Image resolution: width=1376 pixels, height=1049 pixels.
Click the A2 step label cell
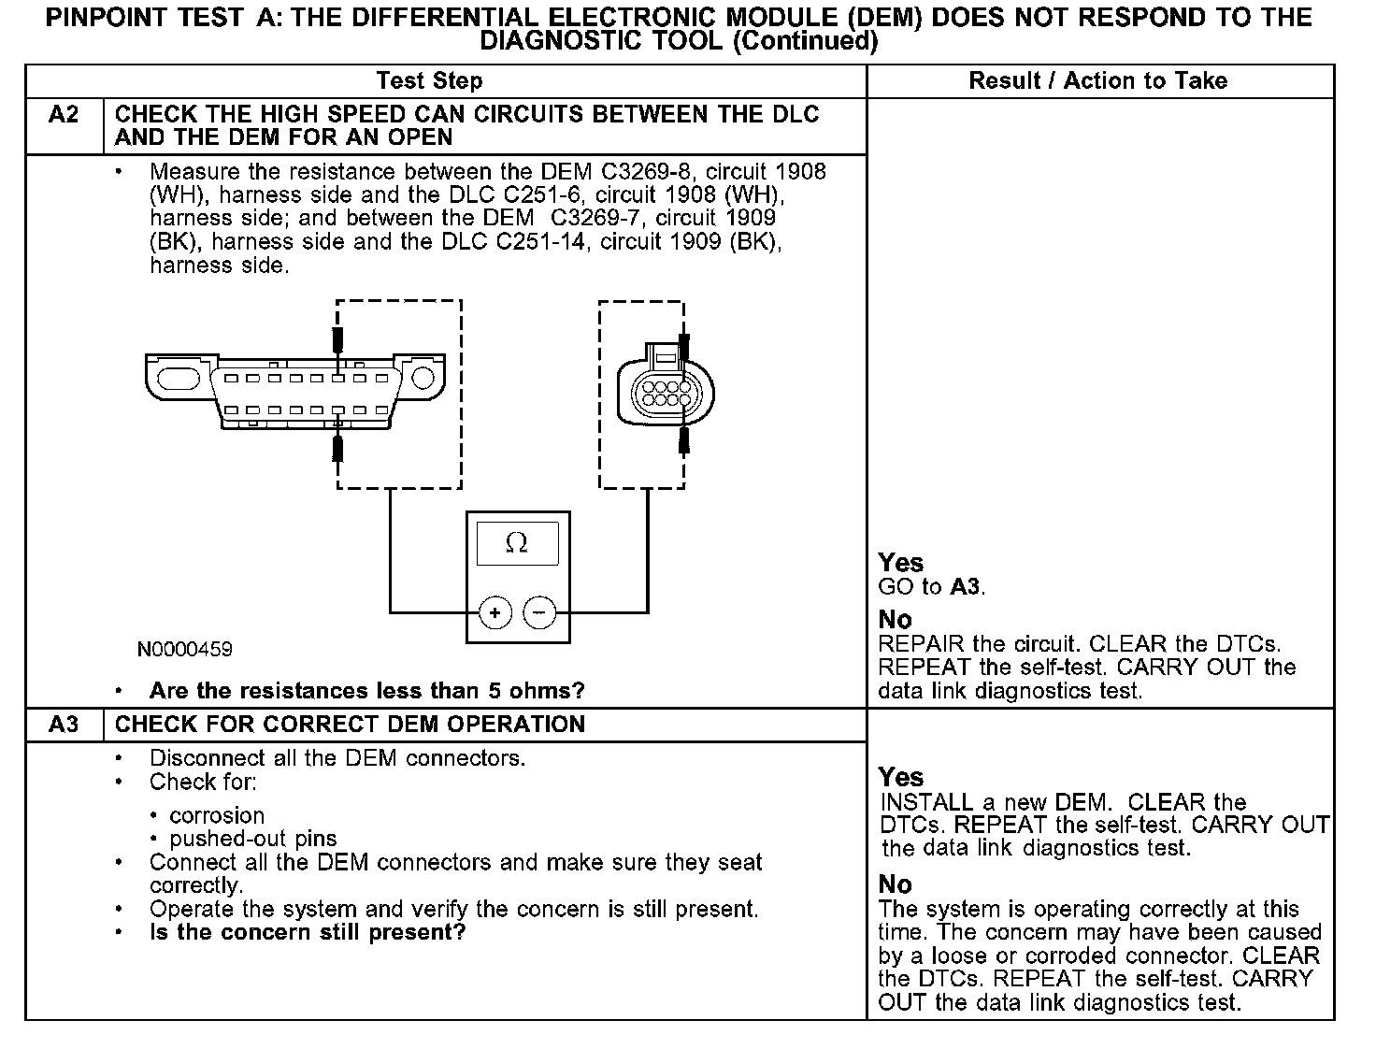[x=64, y=115]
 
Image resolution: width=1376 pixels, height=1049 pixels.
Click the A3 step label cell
[x=64, y=725]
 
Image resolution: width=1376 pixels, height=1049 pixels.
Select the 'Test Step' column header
[x=429, y=81]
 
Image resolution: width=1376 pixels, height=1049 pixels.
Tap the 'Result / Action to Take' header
[x=1097, y=81]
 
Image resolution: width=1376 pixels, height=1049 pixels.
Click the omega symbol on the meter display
[x=516, y=543]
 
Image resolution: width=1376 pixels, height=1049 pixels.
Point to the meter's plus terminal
[x=494, y=613]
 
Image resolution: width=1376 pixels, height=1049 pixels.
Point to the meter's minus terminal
[x=539, y=613]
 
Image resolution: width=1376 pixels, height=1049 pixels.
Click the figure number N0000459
[x=185, y=649]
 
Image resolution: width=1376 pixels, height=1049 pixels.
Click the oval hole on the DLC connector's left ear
[x=179, y=378]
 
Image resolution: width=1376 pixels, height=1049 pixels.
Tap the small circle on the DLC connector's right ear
[x=423, y=378]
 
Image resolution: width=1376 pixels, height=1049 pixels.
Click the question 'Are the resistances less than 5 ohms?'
[x=366, y=691]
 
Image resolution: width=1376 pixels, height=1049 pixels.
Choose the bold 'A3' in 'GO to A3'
[x=967, y=587]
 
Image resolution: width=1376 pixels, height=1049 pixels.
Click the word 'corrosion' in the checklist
[x=217, y=815]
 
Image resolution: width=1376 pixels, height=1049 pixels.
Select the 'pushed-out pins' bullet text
[x=253, y=839]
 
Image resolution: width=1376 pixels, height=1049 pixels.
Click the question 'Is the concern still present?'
[x=308, y=932]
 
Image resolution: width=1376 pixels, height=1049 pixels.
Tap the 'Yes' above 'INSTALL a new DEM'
[x=901, y=777]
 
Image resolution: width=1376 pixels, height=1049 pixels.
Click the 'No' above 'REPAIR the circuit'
[x=896, y=620]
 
